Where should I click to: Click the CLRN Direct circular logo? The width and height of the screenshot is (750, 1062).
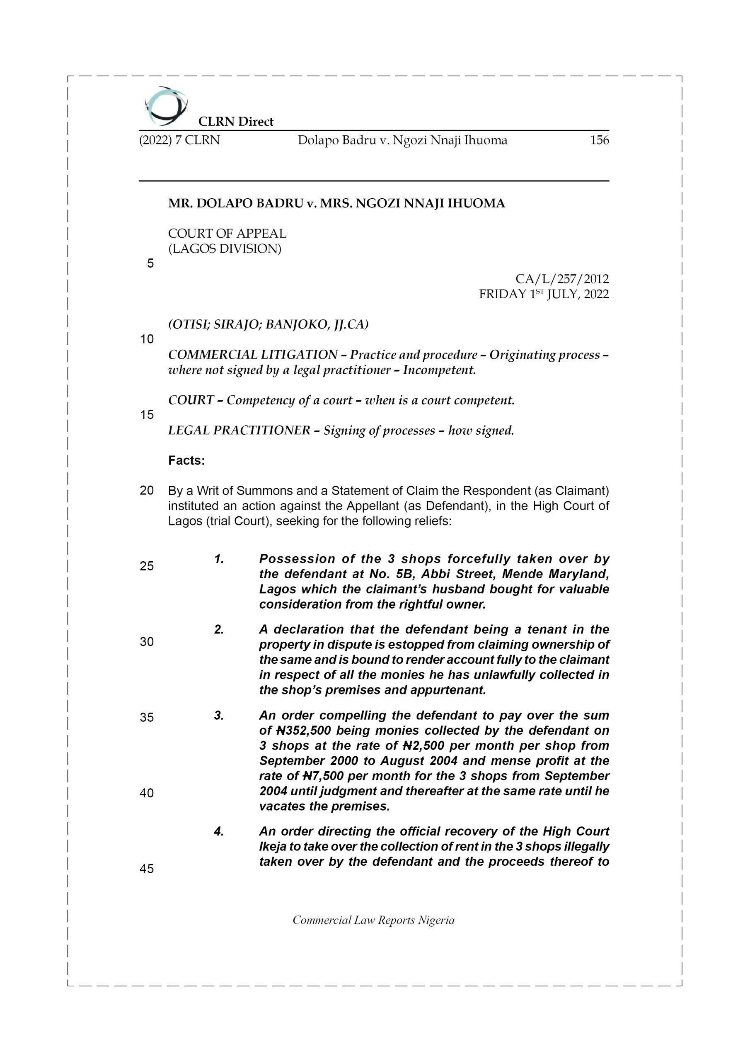pyautogui.click(x=165, y=106)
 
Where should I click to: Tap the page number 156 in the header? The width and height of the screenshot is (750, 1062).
pyautogui.click(x=599, y=140)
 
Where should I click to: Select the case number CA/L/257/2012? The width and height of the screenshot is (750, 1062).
pyautogui.click(x=562, y=279)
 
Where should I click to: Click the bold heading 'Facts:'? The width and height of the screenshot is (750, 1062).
pyautogui.click(x=186, y=461)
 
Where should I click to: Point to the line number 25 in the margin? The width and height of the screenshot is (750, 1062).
pyautogui.click(x=147, y=566)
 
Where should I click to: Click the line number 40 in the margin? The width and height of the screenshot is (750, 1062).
pyautogui.click(x=147, y=793)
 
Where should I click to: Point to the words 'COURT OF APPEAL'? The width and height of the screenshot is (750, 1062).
pyautogui.click(x=227, y=234)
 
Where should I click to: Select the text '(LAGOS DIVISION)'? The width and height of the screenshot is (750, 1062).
pyautogui.click(x=225, y=249)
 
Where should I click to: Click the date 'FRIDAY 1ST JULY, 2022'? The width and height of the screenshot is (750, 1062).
pyautogui.click(x=543, y=294)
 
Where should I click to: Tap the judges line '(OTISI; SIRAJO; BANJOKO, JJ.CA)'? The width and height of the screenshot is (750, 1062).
pyautogui.click(x=268, y=325)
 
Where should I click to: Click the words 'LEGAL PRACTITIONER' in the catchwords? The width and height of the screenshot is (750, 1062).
pyautogui.click(x=239, y=431)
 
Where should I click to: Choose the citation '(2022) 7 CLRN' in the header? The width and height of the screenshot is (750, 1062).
pyautogui.click(x=179, y=140)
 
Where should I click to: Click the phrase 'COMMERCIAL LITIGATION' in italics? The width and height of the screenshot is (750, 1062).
pyautogui.click(x=252, y=355)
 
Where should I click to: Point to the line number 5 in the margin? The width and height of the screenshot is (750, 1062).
pyautogui.click(x=150, y=264)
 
